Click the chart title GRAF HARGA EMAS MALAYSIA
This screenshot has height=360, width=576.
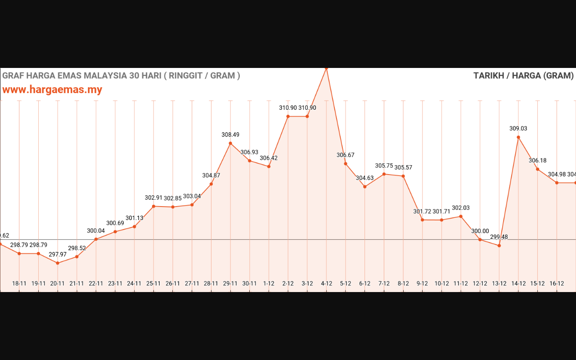click(121, 76)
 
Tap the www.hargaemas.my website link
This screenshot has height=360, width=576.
click(52, 90)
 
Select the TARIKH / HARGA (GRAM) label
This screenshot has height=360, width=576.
click(523, 76)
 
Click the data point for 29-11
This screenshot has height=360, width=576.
click(230, 144)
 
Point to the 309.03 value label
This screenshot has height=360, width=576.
click(518, 129)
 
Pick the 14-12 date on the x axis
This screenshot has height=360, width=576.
click(518, 283)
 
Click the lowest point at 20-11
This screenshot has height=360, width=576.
click(58, 263)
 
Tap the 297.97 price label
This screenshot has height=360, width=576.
click(58, 255)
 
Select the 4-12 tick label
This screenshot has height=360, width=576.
click(326, 283)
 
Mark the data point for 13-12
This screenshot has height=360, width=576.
click(499, 246)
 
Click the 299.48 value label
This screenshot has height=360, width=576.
click(499, 237)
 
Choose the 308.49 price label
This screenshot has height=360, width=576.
click(230, 135)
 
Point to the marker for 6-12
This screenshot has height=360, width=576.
click(365, 187)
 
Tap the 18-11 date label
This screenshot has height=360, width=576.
click(19, 283)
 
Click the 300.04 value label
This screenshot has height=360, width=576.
click(96, 231)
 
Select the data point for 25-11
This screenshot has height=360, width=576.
click(153, 207)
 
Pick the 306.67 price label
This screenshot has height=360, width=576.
click(346, 155)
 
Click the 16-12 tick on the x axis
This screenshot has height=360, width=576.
click(557, 283)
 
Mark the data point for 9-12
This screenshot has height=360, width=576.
click(423, 220)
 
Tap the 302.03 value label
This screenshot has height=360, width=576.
click(461, 208)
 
